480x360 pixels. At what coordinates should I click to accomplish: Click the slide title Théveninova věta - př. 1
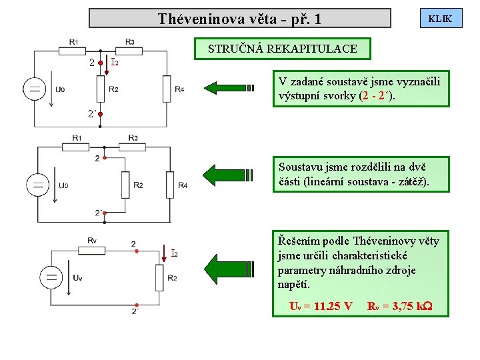pyautogui.click(x=239, y=19)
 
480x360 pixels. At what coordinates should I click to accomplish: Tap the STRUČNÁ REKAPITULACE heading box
pyautogui.click(x=282, y=49)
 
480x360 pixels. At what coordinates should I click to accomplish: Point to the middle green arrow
pyautogui.click(x=230, y=174)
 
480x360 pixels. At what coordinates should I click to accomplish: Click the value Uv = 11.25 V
pyautogui.click(x=320, y=306)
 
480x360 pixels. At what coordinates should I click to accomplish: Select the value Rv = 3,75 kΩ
pyautogui.click(x=399, y=306)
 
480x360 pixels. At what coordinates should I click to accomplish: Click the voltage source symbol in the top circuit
pyautogui.click(x=35, y=89)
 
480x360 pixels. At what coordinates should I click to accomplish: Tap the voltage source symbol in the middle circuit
pyautogui.click(x=38, y=184)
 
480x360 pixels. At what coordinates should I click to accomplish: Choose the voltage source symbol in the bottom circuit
pyautogui.click(x=51, y=277)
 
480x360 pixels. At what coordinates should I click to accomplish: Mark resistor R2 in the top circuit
pyautogui.click(x=100, y=89)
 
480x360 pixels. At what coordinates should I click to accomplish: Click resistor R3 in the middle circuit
pyautogui.click(x=133, y=139)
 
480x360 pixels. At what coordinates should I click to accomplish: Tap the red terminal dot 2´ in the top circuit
pyautogui.click(x=100, y=114)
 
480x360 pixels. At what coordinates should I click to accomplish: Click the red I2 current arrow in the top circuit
pyautogui.click(x=107, y=63)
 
